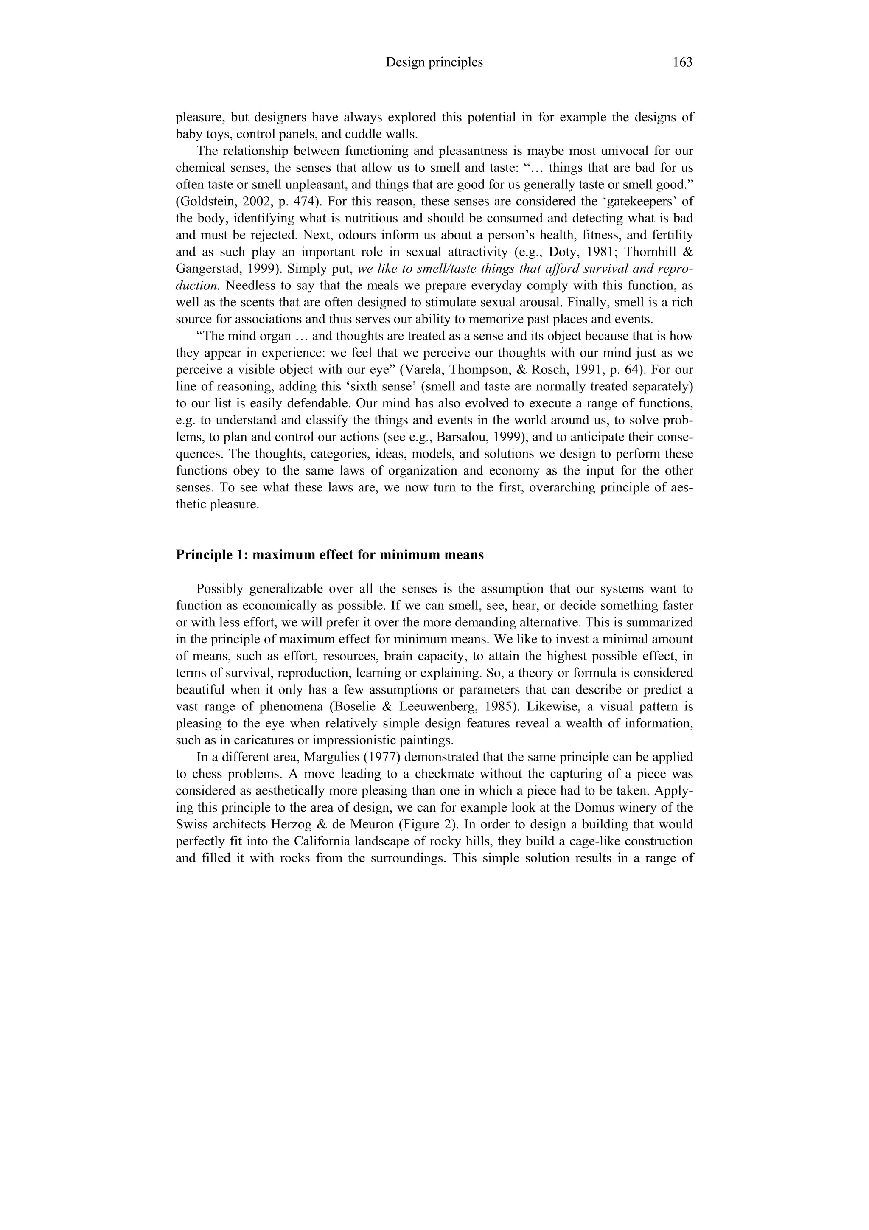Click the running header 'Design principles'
[x=434, y=63]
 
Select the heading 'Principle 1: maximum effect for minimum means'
[x=329, y=555]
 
